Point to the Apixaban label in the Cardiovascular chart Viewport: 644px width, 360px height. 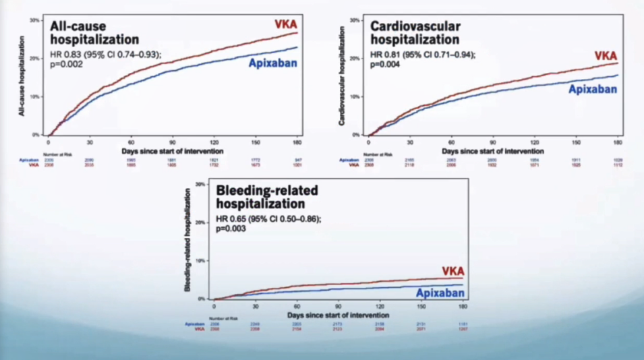[x=593, y=88]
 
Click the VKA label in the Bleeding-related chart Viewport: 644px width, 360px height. [x=452, y=271]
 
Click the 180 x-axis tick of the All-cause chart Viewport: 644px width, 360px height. [x=297, y=142]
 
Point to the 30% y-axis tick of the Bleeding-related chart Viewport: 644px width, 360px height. [x=200, y=184]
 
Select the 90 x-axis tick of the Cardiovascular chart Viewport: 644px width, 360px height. [x=493, y=143]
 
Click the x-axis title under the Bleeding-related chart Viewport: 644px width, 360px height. [x=337, y=315]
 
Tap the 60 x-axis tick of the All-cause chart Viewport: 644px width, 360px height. [x=131, y=142]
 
